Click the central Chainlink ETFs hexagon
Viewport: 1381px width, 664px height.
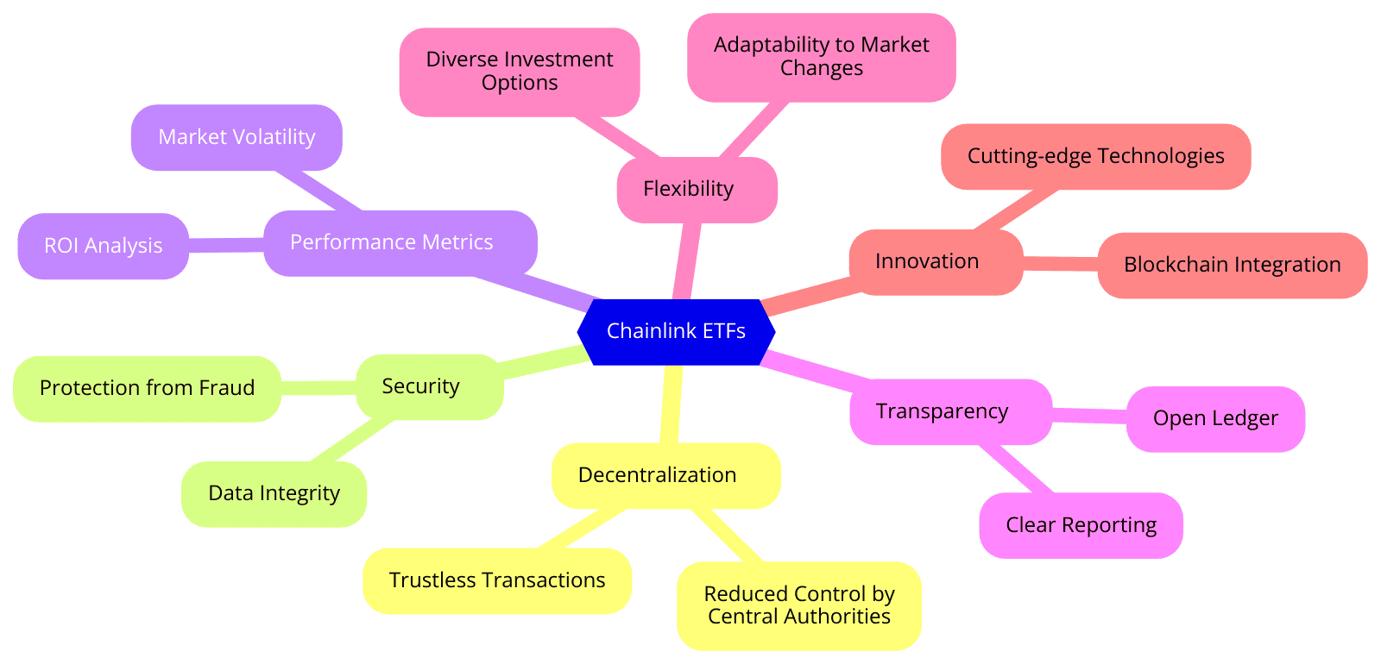(x=676, y=331)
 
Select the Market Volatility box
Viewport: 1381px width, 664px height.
(x=236, y=137)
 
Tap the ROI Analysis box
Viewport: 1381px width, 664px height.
(x=103, y=246)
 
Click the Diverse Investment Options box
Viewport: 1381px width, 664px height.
(x=519, y=72)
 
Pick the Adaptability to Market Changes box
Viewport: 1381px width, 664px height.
(x=821, y=57)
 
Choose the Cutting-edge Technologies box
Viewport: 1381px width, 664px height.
(x=1095, y=156)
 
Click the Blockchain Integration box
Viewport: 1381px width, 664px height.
(x=1232, y=265)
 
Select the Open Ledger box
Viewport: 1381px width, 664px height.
(x=1215, y=418)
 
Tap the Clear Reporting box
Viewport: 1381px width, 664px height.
(x=1081, y=525)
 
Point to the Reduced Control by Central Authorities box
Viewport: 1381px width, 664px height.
(x=798, y=605)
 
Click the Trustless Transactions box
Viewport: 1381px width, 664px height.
(x=497, y=580)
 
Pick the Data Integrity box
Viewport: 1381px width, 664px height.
(x=274, y=493)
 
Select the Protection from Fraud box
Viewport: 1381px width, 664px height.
(x=147, y=388)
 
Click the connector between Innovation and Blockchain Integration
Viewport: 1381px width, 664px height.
(x=1060, y=263)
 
